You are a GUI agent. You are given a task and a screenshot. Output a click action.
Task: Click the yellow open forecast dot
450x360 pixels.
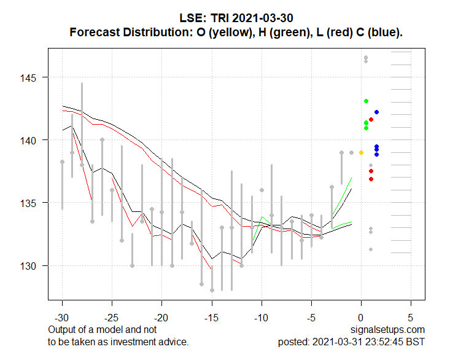point(361,152)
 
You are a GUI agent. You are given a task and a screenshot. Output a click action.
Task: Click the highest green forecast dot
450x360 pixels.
point(366,101)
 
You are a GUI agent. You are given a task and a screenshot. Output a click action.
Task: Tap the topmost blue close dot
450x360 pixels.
point(376,112)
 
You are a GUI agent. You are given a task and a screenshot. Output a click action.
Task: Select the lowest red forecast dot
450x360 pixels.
point(371,179)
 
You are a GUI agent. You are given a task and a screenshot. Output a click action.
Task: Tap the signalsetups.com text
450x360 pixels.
point(388,330)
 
